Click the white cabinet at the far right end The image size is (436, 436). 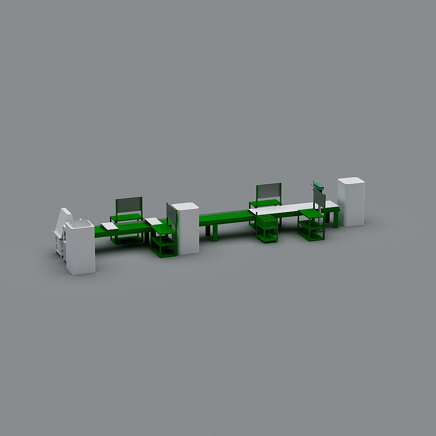tap(351, 202)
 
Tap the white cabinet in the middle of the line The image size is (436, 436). tap(185, 229)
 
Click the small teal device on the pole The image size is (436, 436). tap(319, 187)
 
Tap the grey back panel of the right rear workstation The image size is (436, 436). tap(269, 192)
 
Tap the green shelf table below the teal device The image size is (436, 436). tap(310, 225)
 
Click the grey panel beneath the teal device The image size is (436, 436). tap(320, 201)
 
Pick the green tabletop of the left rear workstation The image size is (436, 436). tap(126, 217)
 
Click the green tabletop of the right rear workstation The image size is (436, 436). tap(265, 203)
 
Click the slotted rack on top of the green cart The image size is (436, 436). tap(266, 222)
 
